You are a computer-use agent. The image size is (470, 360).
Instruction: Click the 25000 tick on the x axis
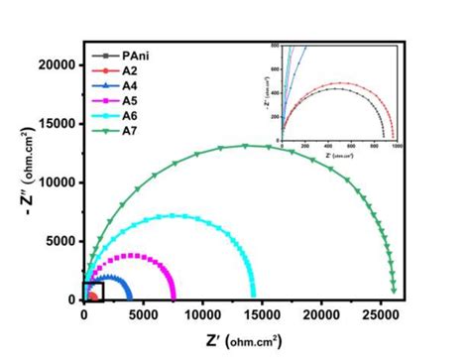[x=381, y=316]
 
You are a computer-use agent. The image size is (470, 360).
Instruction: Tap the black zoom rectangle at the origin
[x=94, y=292]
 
